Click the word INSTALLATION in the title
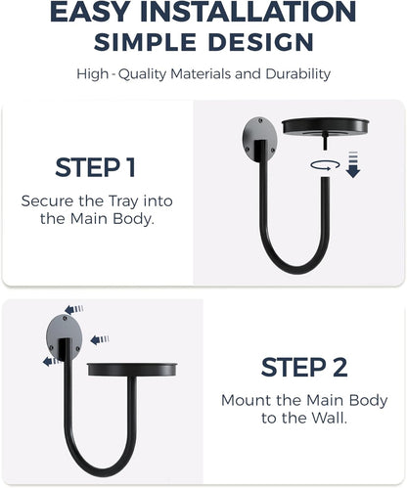pyautogui.click(x=248, y=12)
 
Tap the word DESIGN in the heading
pyautogui.click(x=261, y=42)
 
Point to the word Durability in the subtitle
pyautogui.click(x=298, y=74)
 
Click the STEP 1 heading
pyautogui.click(x=96, y=167)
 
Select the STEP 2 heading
pyautogui.click(x=304, y=368)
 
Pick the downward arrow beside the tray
pyautogui.click(x=353, y=164)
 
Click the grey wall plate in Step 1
pyautogui.click(x=259, y=140)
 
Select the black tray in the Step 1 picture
pyautogui.click(x=325, y=126)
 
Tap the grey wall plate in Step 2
pyautogui.click(x=64, y=337)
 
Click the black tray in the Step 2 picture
pyautogui.click(x=132, y=369)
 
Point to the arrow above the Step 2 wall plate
pyautogui.click(x=74, y=309)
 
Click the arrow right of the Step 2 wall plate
pyautogui.click(x=100, y=340)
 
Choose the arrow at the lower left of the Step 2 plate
pyautogui.click(x=52, y=361)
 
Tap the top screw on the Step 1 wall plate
pyautogui.click(x=260, y=121)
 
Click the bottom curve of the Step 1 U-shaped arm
pyautogui.click(x=294, y=268)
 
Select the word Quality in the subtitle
pyautogui.click(x=143, y=74)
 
